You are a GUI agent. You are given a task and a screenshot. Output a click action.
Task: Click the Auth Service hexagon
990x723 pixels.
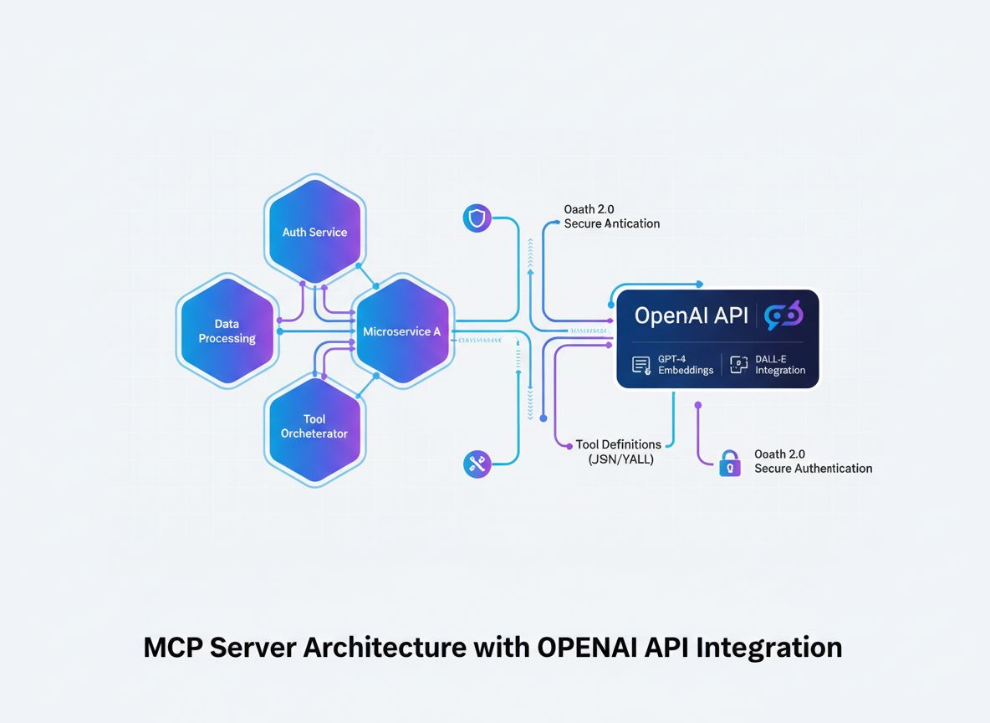pos(314,232)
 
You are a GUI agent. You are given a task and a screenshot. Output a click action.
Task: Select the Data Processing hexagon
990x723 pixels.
pos(227,331)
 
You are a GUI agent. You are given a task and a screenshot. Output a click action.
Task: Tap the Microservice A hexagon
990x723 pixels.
pos(402,331)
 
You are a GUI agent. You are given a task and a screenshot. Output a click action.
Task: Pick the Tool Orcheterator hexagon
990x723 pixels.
pos(314,427)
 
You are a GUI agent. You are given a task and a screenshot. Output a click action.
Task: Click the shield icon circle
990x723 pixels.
pos(477,219)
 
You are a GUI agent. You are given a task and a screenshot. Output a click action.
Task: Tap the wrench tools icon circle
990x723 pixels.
pos(477,464)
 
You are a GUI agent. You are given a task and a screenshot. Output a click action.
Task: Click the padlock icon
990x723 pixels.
pos(730,462)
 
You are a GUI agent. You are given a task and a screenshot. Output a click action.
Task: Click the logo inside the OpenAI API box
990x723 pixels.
pos(784,315)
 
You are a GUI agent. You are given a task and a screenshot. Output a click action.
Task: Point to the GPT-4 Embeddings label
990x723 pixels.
pos(686,364)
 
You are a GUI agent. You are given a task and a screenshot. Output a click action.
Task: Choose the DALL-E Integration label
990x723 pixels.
pos(779,364)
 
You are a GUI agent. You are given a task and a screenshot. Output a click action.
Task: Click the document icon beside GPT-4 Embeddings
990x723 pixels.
pos(641,365)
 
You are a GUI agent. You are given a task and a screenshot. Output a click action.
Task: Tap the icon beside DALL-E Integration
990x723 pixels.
pos(737,364)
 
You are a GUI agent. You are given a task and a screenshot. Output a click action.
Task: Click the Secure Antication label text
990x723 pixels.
pos(611,223)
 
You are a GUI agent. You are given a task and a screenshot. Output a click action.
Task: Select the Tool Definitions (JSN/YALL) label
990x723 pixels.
pos(619,452)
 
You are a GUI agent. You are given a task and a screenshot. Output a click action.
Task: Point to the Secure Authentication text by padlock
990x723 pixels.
pos(813,469)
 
